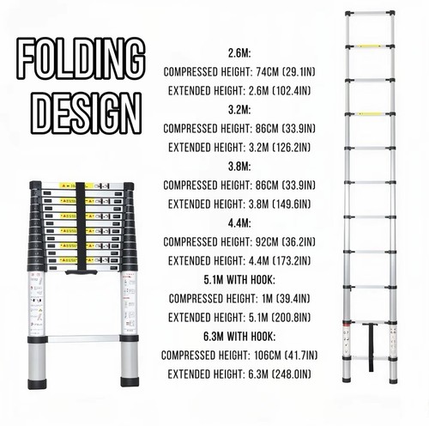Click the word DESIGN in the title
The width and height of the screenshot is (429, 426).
[x=86, y=113]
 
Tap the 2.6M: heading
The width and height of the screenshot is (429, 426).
[x=239, y=53]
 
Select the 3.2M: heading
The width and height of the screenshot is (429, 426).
[x=239, y=110]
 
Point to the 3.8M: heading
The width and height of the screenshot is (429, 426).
[x=239, y=167]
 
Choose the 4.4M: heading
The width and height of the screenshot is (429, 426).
[x=239, y=223]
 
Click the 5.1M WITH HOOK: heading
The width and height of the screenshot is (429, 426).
[x=239, y=280]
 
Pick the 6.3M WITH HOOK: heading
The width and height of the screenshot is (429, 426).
[x=239, y=337]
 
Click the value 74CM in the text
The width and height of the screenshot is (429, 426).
[x=267, y=72]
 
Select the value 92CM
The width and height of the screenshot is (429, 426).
[x=267, y=242]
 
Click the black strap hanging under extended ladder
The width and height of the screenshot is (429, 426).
[x=371, y=347]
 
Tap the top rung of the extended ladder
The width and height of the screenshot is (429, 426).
[x=370, y=14]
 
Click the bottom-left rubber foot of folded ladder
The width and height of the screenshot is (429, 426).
[x=37, y=384]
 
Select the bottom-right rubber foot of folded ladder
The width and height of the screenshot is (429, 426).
[x=130, y=381]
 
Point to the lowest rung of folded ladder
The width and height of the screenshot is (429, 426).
[x=83, y=338]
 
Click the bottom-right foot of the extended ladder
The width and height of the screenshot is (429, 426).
[x=393, y=380]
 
